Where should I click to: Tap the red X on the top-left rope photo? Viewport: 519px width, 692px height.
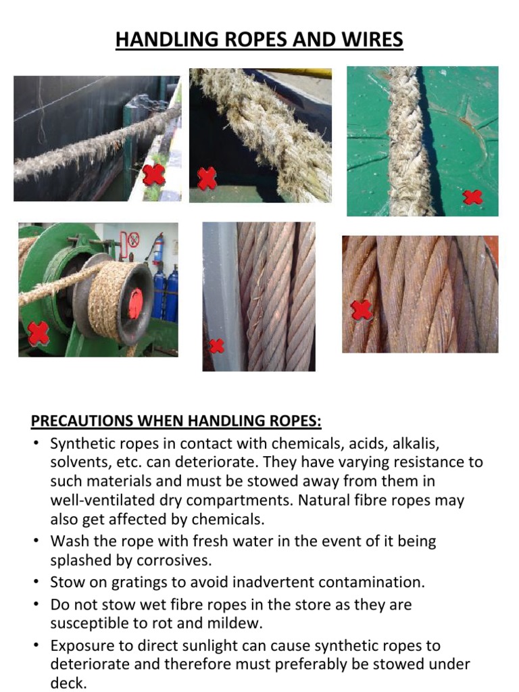tap(153, 175)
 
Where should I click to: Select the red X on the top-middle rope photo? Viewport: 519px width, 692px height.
tap(207, 178)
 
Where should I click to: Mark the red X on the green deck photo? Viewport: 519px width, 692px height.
tap(472, 197)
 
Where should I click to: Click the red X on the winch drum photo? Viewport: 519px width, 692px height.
tap(39, 332)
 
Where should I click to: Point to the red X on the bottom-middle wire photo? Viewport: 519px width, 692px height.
tap(216, 346)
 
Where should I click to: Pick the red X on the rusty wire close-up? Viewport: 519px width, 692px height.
tap(362, 310)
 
